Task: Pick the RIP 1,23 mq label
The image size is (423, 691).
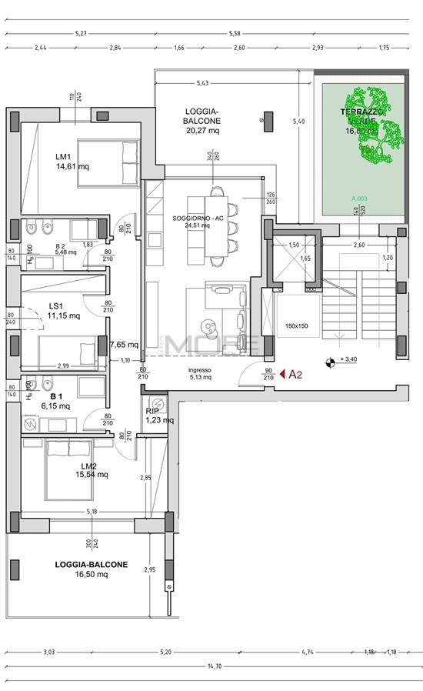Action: pyautogui.click(x=159, y=416)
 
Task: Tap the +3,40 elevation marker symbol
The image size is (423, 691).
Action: pyautogui.click(x=331, y=360)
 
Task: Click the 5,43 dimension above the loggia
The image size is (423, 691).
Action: pyautogui.click(x=203, y=82)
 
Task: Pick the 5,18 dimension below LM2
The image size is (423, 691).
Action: pyautogui.click(x=92, y=511)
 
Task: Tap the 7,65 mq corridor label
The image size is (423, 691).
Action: pyautogui.click(x=124, y=345)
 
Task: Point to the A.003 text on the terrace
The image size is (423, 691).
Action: pyautogui.click(x=360, y=199)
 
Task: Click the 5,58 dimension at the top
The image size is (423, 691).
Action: pyautogui.click(x=235, y=33)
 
